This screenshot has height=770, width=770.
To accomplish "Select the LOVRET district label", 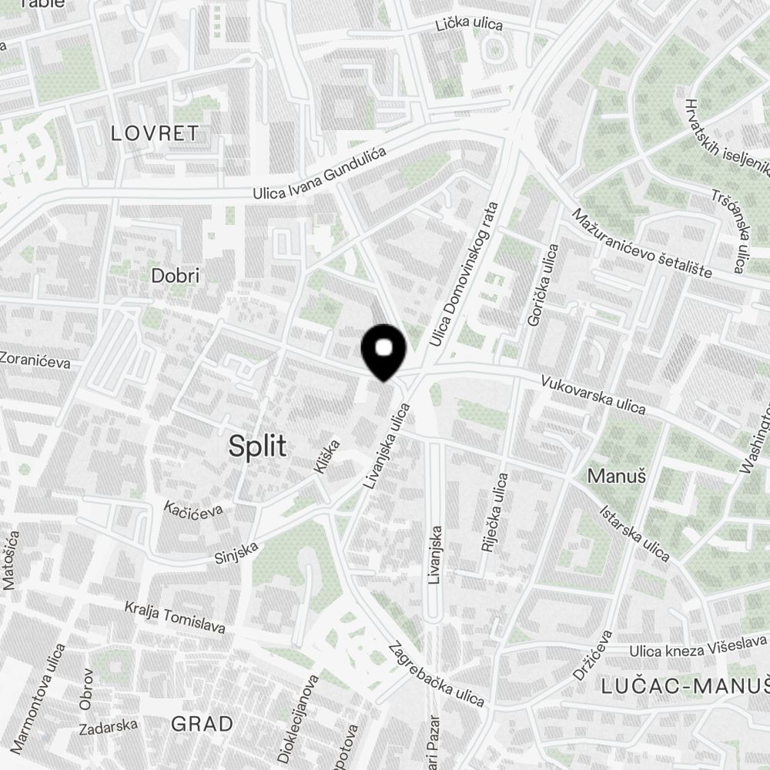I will (155, 133).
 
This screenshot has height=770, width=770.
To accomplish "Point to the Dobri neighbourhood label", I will (176, 276).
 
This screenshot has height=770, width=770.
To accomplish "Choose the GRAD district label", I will (202, 724).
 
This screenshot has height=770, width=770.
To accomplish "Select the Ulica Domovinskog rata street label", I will (465, 273).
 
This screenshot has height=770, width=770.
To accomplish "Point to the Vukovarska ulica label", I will (593, 394).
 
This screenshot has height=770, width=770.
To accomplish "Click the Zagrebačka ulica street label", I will (437, 675).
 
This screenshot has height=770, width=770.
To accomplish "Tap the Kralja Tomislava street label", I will (175, 618).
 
